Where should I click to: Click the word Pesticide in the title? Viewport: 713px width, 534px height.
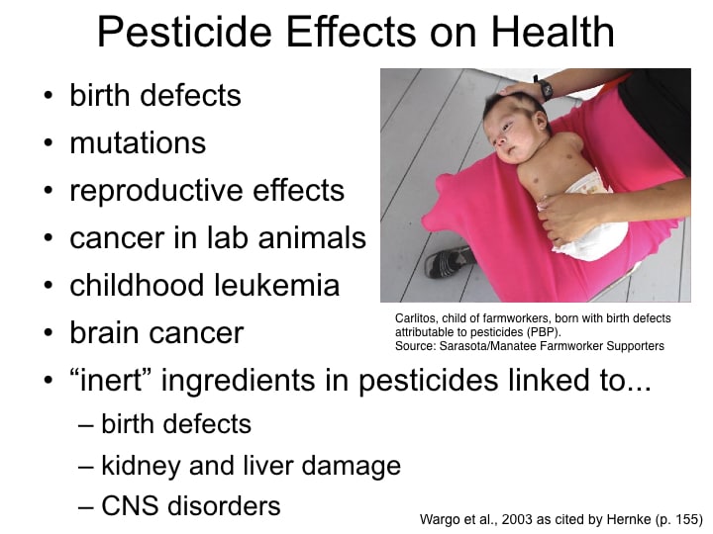tap(184, 31)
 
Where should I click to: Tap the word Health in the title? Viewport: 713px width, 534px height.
tap(553, 31)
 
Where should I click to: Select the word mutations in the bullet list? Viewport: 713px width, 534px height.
tap(138, 142)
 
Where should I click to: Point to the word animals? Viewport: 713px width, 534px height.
tap(312, 237)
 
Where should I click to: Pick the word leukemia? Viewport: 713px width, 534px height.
tap(276, 285)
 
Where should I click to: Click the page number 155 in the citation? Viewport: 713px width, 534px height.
tap(684, 519)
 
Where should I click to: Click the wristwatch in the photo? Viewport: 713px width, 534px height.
tap(544, 88)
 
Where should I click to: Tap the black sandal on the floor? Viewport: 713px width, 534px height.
tap(449, 261)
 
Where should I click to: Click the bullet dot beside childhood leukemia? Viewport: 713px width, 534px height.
tap(49, 285)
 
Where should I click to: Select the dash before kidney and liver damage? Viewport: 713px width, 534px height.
tap(86, 467)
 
